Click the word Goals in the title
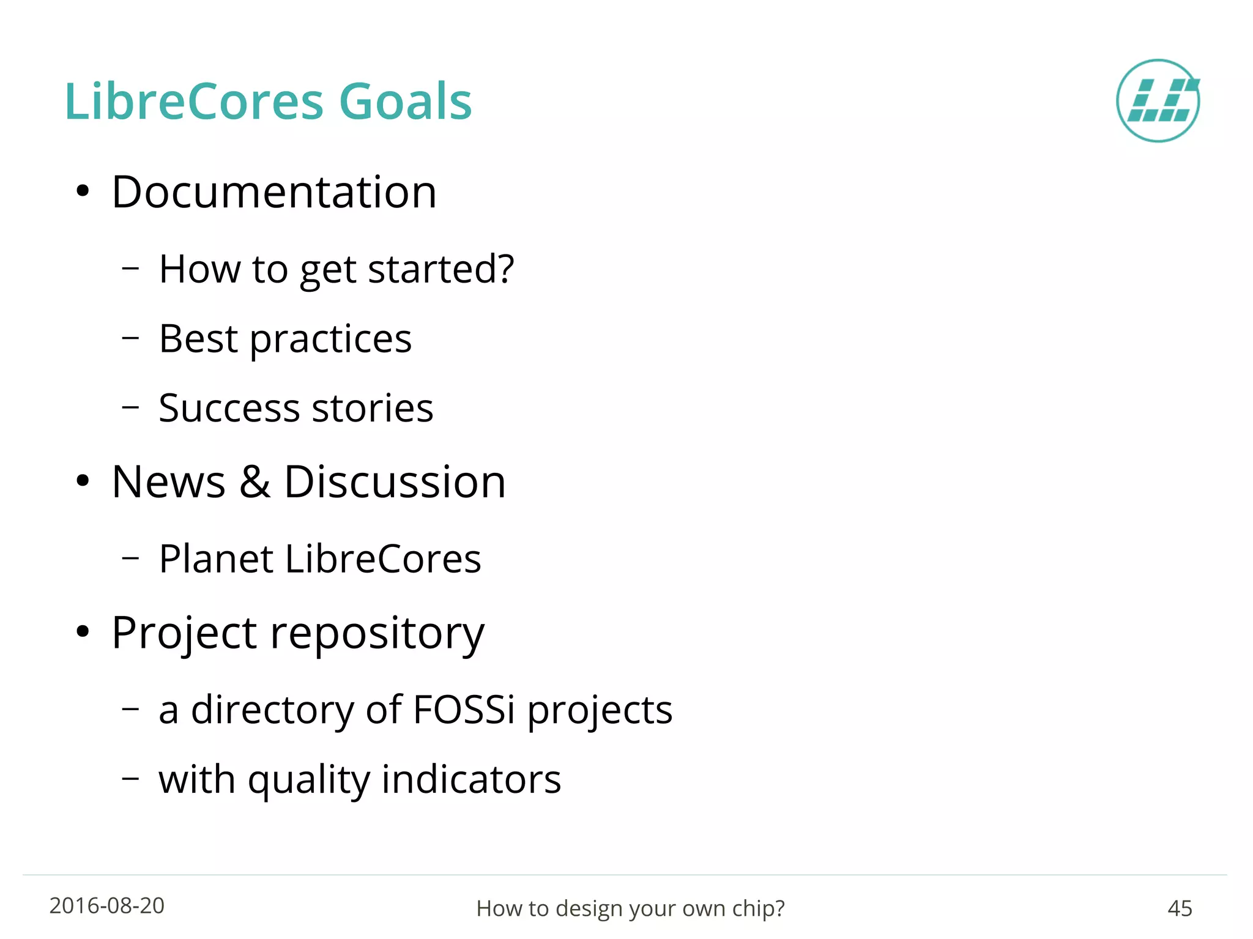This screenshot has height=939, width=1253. [405, 102]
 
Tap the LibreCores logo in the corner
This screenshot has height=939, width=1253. [1158, 101]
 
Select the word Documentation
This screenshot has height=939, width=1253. [274, 192]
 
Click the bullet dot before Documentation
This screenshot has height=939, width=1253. [83, 191]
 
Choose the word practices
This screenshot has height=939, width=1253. [330, 340]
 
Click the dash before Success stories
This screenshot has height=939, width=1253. [130, 406]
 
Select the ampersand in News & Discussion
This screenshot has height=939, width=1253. [255, 482]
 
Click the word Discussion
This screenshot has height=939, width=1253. [395, 482]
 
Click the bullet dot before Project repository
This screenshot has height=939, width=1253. [83, 631]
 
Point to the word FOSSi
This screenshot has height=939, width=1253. [464, 710]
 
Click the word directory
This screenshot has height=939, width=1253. [272, 711]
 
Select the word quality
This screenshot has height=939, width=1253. [308, 781]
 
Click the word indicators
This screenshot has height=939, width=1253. [471, 779]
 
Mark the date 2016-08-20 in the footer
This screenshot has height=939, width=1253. [107, 906]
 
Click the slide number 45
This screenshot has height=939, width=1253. [1180, 908]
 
